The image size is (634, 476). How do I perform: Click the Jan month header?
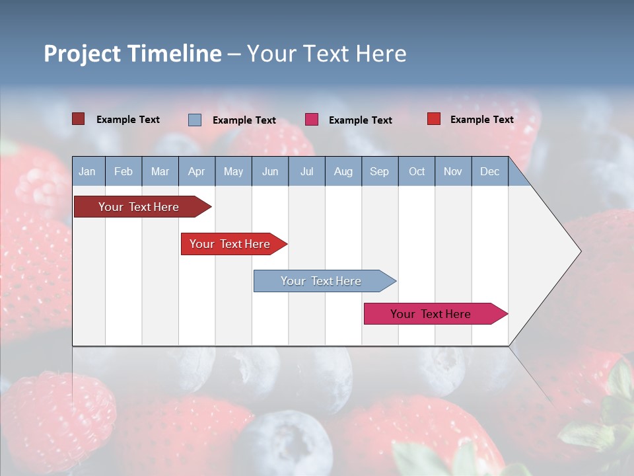(x=88, y=171)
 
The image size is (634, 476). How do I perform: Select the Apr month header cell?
(x=197, y=171)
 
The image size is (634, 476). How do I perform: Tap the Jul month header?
(x=306, y=171)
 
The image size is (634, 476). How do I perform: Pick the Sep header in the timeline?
(x=379, y=171)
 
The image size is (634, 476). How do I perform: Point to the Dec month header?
(x=489, y=171)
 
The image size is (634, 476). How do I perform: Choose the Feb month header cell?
(x=123, y=171)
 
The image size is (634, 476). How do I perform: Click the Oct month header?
(x=417, y=171)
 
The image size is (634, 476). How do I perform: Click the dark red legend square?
(x=78, y=119)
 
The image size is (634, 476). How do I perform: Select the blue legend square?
(x=195, y=120)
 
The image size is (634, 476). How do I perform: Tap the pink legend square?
(x=312, y=120)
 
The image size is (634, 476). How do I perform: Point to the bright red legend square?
(x=433, y=119)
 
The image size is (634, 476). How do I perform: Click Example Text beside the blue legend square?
(x=244, y=120)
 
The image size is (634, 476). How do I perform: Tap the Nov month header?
(x=453, y=171)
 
